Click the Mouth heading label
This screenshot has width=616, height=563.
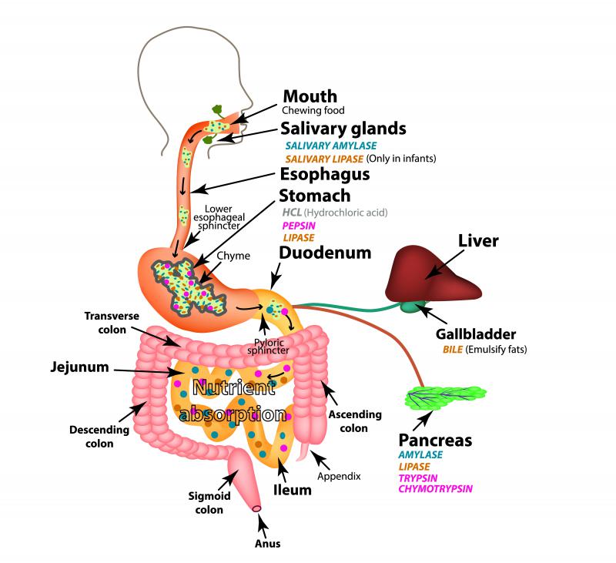coord(310,96)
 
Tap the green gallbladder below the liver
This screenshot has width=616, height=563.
coord(410,307)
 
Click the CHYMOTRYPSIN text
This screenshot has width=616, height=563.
coord(436,488)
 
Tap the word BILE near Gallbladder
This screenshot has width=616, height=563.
coord(454,349)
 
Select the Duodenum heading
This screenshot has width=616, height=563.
coord(325,253)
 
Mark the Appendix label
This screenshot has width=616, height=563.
coord(340,476)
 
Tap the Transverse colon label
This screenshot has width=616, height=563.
coord(112,321)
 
